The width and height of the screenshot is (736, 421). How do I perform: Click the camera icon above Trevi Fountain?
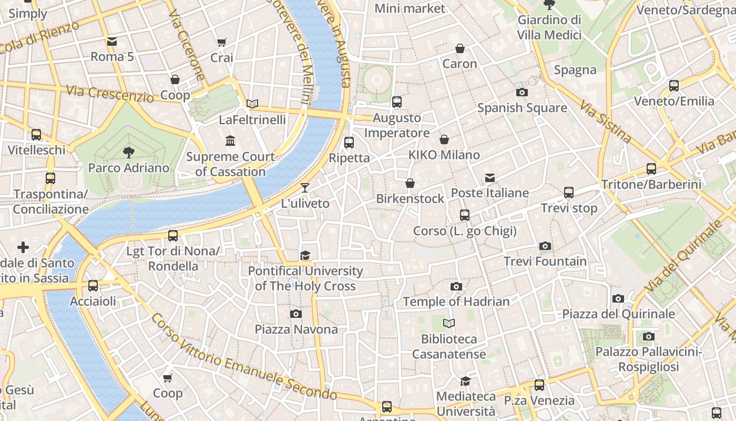click(545, 246)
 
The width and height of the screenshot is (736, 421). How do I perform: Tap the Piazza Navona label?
click(296, 329)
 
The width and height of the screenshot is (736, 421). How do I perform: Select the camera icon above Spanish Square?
click(522, 92)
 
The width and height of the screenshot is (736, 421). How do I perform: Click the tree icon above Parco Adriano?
click(128, 153)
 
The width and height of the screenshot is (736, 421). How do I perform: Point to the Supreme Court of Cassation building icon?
click(230, 141)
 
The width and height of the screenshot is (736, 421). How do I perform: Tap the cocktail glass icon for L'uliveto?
click(305, 188)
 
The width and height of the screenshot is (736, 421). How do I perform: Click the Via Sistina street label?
click(606, 122)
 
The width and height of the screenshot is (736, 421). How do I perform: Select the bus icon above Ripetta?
click(349, 142)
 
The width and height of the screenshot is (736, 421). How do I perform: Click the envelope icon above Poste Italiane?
click(490, 177)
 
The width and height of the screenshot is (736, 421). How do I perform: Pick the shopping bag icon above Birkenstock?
click(410, 183)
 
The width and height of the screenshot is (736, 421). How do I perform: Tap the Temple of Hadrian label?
click(456, 302)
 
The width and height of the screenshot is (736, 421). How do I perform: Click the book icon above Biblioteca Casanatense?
click(448, 323)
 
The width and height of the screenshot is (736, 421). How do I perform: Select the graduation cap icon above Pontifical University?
click(305, 256)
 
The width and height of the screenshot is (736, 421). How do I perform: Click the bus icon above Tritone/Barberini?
click(651, 169)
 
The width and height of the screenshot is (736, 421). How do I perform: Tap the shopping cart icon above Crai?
click(222, 42)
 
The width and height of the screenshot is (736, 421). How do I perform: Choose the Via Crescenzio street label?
click(110, 94)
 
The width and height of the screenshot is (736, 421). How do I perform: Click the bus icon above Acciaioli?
click(93, 286)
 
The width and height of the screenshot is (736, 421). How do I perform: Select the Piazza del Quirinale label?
click(618, 314)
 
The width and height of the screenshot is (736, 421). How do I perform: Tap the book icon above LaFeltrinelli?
click(252, 104)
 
